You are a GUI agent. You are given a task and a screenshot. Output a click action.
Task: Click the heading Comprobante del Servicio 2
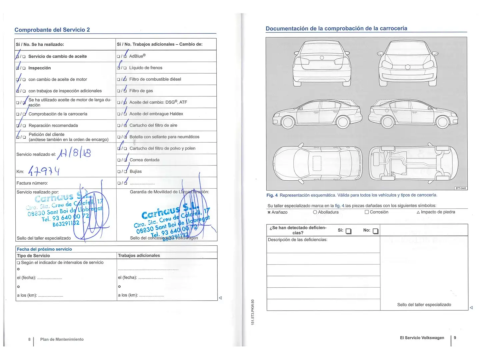tap(52, 30)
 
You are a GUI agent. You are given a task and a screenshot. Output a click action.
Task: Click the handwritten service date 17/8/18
tap(74, 153)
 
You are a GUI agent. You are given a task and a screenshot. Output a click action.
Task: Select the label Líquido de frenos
tap(146, 68)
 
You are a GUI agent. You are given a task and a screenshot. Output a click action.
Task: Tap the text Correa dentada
tap(144, 160)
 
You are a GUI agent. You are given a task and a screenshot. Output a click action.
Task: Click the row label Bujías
tap(136, 171)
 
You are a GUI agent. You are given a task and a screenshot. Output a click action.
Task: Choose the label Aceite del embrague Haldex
tap(156, 114)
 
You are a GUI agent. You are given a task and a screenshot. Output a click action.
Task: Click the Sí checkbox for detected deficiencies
tap(348, 231)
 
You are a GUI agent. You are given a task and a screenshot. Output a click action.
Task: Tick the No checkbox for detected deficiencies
tap(375, 231)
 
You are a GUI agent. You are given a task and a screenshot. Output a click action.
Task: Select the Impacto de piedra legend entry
tap(436, 212)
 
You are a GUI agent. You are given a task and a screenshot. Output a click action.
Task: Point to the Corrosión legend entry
tap(377, 212)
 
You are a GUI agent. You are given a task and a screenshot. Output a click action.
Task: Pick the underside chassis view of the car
tap(413, 164)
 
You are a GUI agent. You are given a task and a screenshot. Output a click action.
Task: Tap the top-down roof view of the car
tap(317, 164)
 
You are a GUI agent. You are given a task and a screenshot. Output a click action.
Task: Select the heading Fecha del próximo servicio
tap(44, 249)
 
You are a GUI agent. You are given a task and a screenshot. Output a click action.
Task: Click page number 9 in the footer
tap(455, 338)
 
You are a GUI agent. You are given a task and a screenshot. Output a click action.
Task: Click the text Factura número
tap(32, 183)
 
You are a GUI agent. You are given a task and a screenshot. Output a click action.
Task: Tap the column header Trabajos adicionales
tap(139, 256)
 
